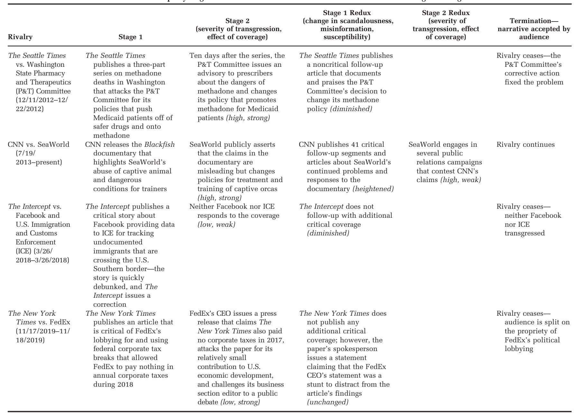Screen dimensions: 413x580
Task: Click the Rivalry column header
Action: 20,37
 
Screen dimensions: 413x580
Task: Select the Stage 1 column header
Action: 130,37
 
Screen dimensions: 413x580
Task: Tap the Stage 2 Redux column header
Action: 446,25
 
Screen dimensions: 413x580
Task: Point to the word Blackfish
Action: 159,145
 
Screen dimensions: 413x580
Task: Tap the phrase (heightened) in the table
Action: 373,189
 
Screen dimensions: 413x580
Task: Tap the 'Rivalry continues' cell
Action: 526,145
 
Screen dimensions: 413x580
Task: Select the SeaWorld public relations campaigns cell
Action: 445,162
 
